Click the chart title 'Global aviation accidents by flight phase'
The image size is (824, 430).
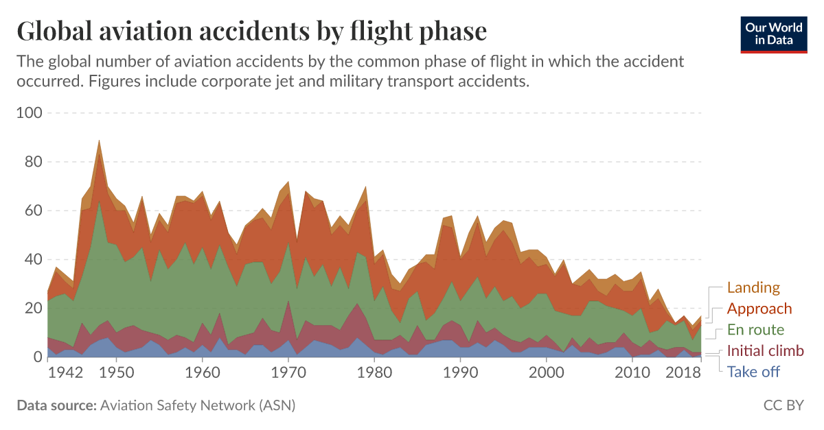[251, 32]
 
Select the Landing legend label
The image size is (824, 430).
[753, 288]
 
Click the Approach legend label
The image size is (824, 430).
[759, 309]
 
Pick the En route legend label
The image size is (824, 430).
[755, 330]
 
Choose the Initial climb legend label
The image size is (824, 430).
[765, 351]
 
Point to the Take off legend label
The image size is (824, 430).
[753, 372]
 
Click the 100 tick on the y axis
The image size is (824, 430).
[29, 112]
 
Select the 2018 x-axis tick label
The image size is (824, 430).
[684, 373]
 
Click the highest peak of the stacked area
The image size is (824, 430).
[100, 140]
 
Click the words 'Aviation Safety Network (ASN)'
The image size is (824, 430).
[198, 405]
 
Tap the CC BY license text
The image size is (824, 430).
[783, 405]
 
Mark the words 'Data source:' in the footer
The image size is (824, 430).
[56, 405]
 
